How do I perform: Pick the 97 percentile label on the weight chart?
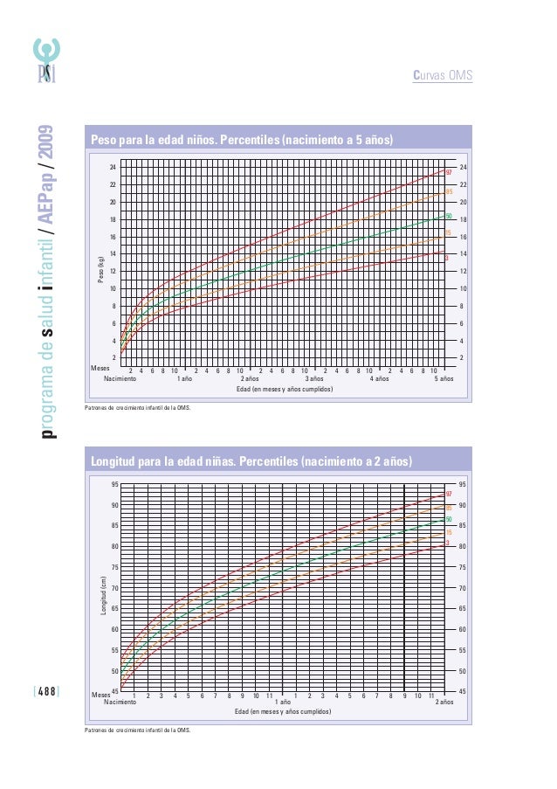(448, 172)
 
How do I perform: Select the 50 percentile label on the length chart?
(449, 519)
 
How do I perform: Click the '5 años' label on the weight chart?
(444, 380)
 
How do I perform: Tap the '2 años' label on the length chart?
(444, 702)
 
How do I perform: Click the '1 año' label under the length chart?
(282, 702)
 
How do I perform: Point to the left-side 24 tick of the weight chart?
(112, 167)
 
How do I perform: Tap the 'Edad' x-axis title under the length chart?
(283, 712)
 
